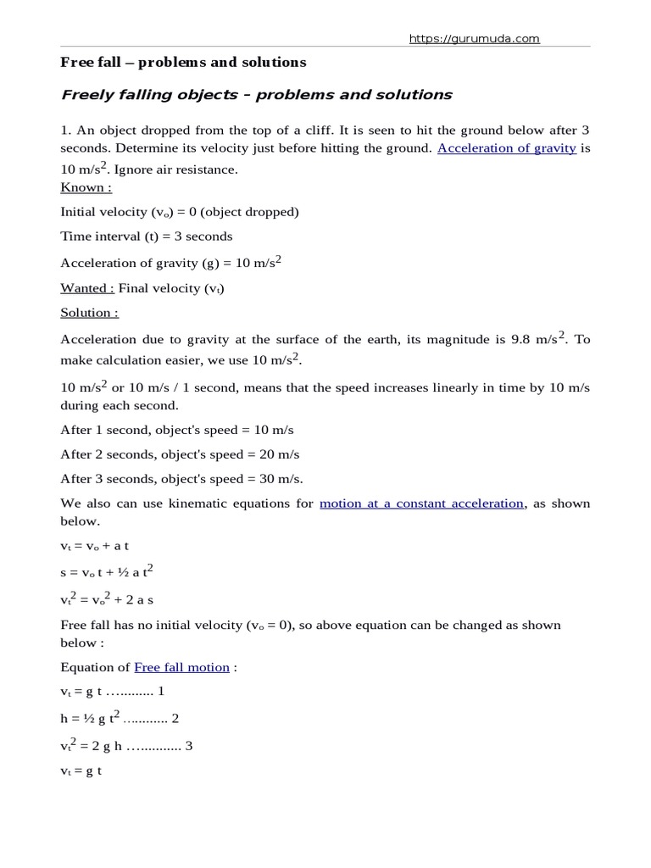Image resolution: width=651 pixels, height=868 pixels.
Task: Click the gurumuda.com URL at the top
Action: click(x=474, y=38)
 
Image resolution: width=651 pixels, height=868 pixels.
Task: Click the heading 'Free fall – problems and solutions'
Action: click(x=183, y=63)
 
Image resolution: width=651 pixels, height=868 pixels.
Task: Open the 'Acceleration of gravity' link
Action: click(x=507, y=147)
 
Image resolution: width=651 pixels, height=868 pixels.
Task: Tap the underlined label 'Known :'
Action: click(x=86, y=187)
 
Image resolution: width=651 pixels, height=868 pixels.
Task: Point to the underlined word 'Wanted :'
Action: click(x=87, y=288)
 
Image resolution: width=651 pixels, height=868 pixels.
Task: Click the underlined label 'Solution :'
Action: click(x=89, y=313)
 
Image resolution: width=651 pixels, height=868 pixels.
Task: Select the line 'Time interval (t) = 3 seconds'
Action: click(x=146, y=236)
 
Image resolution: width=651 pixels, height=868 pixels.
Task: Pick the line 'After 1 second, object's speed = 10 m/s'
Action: click(x=176, y=430)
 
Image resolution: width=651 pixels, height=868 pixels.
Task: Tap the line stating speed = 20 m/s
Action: click(x=180, y=454)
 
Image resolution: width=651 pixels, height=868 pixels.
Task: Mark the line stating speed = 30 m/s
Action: click(x=181, y=479)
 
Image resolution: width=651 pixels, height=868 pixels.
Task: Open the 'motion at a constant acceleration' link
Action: click(x=421, y=504)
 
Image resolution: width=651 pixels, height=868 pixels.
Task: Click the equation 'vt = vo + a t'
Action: click(x=94, y=547)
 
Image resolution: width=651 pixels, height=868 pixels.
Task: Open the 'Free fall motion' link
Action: click(x=181, y=667)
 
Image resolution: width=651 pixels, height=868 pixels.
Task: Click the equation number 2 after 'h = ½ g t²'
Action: click(x=175, y=719)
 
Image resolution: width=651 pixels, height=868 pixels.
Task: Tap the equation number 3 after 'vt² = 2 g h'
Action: click(x=189, y=748)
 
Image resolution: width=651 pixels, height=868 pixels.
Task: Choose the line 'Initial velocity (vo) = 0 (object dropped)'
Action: click(x=179, y=212)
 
